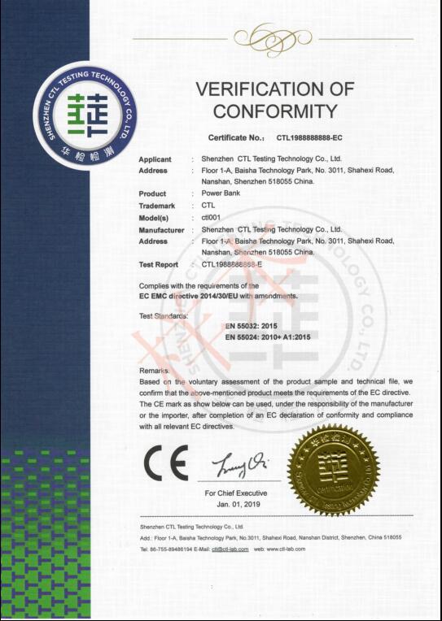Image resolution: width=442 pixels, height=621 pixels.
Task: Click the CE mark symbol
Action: [165, 463]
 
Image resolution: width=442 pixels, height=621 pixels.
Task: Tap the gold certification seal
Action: [334, 471]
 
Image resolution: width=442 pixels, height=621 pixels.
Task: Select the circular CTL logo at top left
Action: [86, 115]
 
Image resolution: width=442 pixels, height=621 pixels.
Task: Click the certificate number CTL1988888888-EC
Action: [309, 138]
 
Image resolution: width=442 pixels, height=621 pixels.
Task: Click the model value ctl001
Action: [211, 218]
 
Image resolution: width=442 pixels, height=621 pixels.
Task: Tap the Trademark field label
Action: [156, 206]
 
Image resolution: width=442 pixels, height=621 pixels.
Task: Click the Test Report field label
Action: [159, 264]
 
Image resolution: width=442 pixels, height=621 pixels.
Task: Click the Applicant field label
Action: [155, 159]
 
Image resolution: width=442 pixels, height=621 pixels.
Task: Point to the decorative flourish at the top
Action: [260, 38]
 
